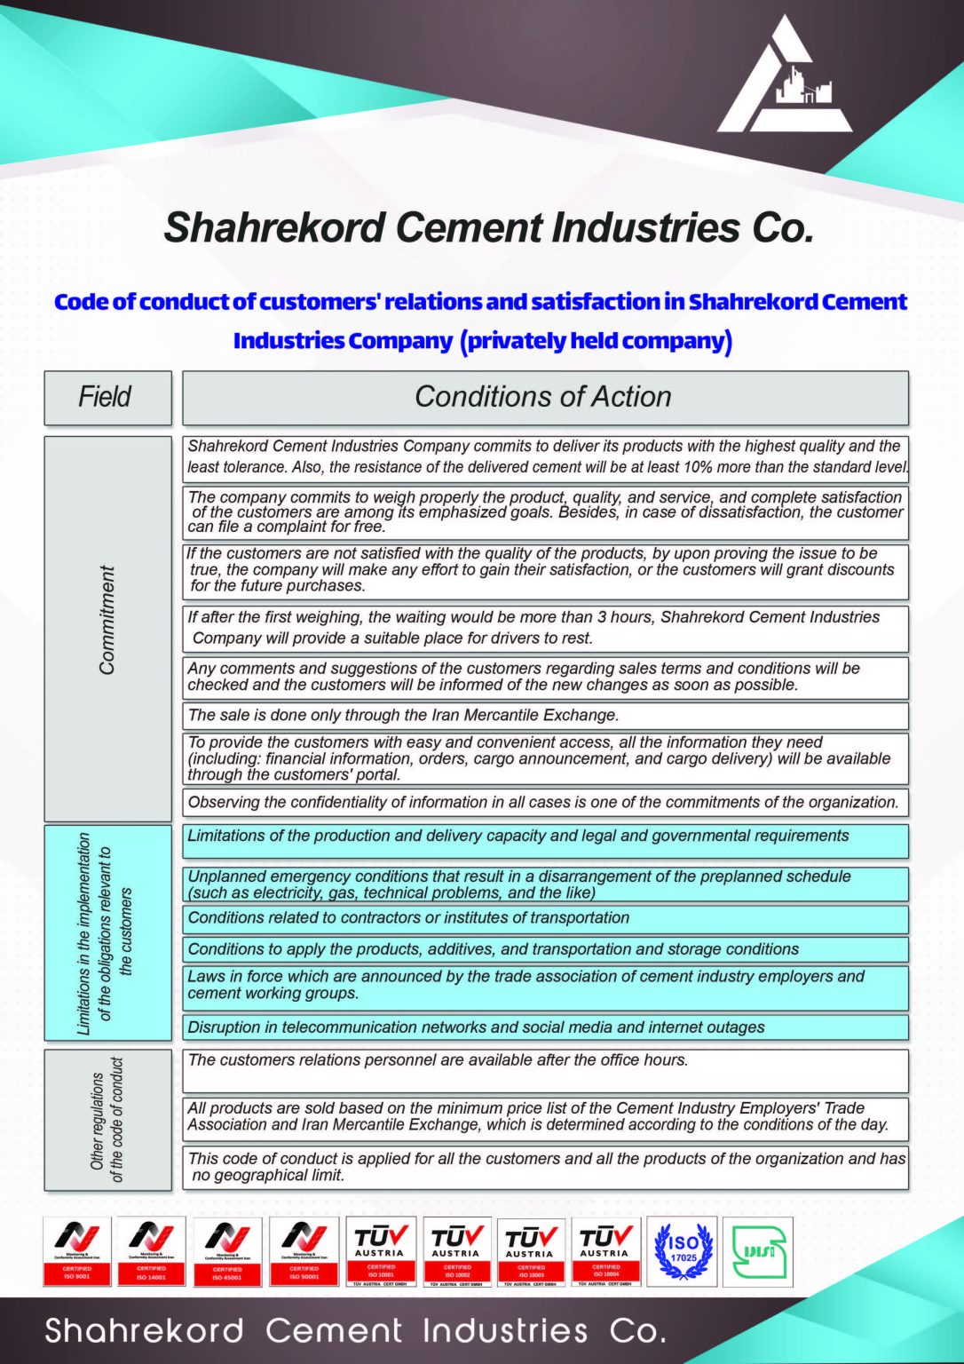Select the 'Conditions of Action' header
click(544, 397)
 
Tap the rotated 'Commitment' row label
click(107, 620)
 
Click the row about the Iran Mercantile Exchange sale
click(544, 715)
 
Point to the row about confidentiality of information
click(544, 802)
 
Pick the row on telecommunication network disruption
click(544, 1027)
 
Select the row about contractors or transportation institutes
click(544, 918)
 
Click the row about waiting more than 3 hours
click(544, 628)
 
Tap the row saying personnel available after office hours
click(544, 1069)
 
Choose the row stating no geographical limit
click(544, 1167)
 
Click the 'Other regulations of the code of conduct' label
click(107, 1119)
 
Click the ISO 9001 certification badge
click(77, 1251)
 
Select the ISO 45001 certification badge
click(227, 1251)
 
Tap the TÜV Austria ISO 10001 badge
click(380, 1251)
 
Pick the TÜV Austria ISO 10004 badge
click(605, 1251)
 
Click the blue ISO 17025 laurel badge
click(682, 1251)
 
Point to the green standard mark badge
click(758, 1251)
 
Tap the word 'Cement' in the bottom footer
click(334, 1330)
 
